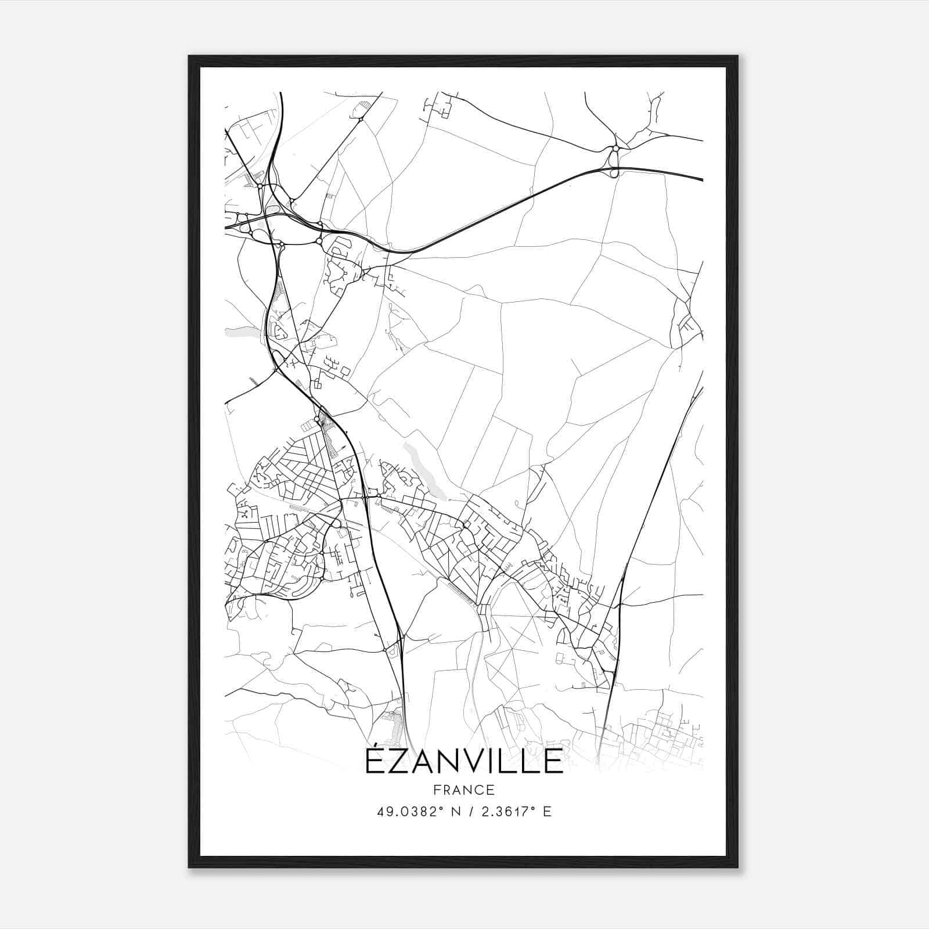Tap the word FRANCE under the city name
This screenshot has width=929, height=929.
coord(464,790)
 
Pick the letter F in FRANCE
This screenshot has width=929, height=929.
coord(437,790)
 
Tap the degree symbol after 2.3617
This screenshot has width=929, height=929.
coord(535,808)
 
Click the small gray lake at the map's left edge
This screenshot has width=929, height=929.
coord(240,332)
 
